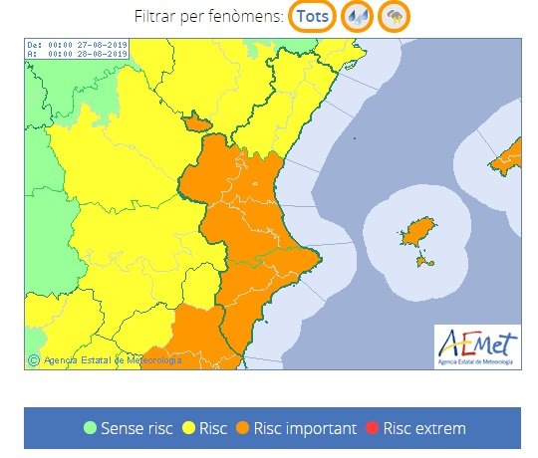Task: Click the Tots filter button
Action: pos(312,17)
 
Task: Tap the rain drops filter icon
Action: pos(356,17)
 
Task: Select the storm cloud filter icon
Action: pos(395,17)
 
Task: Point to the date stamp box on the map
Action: pos(76,49)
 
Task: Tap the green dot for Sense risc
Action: pos(91,429)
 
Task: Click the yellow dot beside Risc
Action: pos(187,429)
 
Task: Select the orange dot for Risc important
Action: pos(242,429)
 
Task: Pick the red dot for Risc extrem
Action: pos(374,429)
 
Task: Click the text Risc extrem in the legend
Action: pos(424,429)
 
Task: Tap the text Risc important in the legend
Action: pos(305,429)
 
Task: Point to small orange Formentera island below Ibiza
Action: pos(426,262)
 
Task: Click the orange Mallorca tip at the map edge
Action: pos(510,155)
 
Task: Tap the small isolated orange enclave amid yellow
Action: pos(196,122)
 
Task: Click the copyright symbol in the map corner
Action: pos(34,360)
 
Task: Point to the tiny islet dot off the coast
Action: pos(355,138)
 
